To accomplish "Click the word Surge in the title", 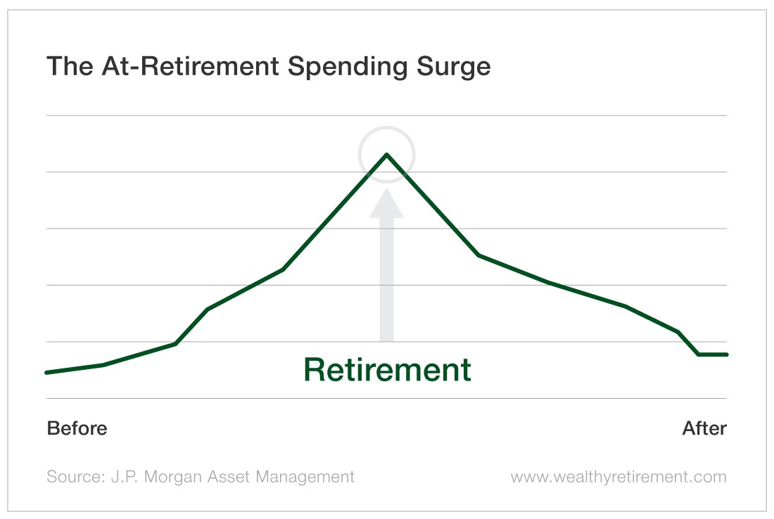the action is pyautogui.click(x=454, y=67).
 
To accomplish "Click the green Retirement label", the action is pyautogui.click(x=388, y=369).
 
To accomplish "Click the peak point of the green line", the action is pyautogui.click(x=387, y=155).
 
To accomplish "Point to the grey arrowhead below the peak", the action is pyautogui.click(x=387, y=203).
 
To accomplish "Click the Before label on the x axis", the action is pyautogui.click(x=77, y=428).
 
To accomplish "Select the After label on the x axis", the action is pyautogui.click(x=704, y=428).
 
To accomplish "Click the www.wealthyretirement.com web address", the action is pyautogui.click(x=618, y=477).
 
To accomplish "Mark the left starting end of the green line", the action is pyautogui.click(x=46, y=373).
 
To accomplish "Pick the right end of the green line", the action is pyautogui.click(x=727, y=354).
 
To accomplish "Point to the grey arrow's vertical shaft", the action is pyautogui.click(x=387, y=279).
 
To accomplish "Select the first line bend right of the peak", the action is pyautogui.click(x=478, y=255).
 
